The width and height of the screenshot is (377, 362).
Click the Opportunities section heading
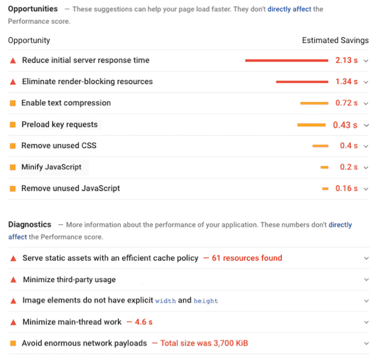click(33, 9)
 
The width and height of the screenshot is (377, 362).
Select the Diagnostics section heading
click(30, 225)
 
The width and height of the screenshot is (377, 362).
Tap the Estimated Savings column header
click(335, 41)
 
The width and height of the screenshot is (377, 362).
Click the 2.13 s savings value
click(346, 60)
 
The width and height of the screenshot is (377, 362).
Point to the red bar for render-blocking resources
click(302, 82)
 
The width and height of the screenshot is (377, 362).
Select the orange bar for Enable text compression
click(314, 103)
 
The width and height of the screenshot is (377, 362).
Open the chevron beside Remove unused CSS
click(366, 146)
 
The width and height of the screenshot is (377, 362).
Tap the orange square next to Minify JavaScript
click(13, 168)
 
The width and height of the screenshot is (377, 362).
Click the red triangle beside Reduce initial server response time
click(13, 61)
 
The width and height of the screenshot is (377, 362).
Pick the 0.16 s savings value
click(346, 188)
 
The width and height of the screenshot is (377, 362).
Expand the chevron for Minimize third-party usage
click(366, 280)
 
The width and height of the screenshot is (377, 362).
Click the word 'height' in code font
click(205, 301)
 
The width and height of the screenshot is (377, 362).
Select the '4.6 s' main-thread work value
click(144, 322)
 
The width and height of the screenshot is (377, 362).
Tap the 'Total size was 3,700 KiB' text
click(204, 343)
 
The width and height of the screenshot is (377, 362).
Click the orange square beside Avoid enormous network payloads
click(13, 344)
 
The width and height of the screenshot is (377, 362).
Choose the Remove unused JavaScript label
click(71, 188)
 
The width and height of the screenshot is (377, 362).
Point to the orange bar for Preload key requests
click(311, 125)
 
